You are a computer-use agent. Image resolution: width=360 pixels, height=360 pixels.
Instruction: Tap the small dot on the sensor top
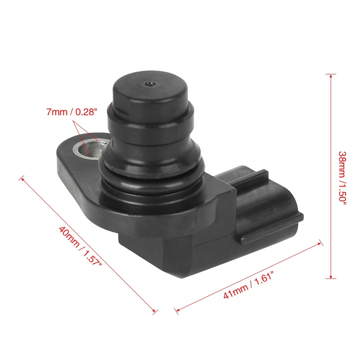(149, 84)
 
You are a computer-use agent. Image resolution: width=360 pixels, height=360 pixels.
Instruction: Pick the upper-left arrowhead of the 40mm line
(23, 179)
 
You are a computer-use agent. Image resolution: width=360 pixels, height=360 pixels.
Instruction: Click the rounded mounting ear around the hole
(71, 157)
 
